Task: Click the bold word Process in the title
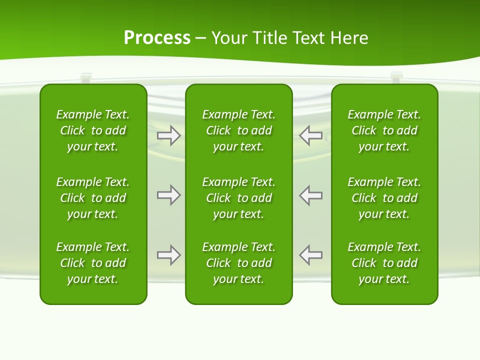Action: (157, 38)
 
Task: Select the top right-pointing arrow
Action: (168, 135)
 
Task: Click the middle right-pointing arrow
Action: (168, 195)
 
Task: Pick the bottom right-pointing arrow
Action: (168, 255)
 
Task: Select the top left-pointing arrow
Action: (311, 135)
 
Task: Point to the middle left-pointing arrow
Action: (311, 195)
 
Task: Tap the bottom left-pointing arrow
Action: (311, 255)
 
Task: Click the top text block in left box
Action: (93, 130)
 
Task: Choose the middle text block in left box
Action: (93, 198)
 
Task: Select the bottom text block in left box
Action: (93, 263)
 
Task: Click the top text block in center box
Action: (238, 130)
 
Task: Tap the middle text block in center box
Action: (238, 198)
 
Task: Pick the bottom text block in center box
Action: (238, 263)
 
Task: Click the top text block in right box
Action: (384, 130)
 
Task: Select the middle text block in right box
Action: (384, 198)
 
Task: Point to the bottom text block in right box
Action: (384, 263)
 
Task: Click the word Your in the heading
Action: (228, 38)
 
